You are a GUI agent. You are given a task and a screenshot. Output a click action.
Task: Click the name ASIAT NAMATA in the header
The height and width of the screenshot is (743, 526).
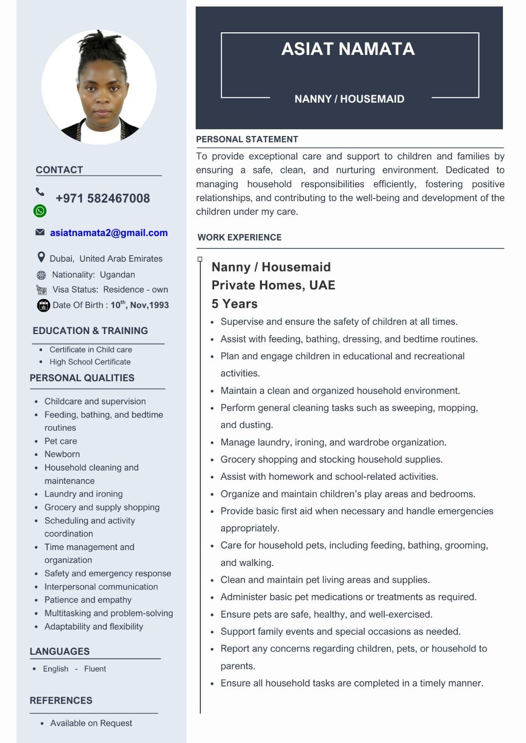(348, 49)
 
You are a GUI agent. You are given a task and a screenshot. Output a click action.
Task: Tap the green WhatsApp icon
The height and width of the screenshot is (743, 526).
(40, 210)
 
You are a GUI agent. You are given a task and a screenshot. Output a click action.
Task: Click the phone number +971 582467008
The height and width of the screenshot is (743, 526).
(103, 199)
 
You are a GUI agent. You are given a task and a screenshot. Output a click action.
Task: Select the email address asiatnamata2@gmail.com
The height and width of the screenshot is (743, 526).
(109, 233)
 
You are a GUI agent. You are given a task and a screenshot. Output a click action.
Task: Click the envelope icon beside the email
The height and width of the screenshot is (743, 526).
(40, 232)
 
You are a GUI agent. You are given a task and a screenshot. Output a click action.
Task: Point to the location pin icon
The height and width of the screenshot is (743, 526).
(41, 257)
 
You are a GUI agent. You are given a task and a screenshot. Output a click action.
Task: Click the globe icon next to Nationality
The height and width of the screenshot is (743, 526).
(42, 275)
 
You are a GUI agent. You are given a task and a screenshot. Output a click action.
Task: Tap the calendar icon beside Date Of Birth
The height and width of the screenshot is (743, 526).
(43, 305)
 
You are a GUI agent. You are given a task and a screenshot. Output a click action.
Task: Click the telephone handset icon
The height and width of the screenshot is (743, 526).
(40, 192)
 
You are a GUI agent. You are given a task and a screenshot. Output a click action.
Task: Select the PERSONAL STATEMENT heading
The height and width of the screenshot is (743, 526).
(247, 140)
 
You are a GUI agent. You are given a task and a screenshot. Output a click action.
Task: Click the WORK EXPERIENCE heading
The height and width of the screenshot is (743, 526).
(239, 238)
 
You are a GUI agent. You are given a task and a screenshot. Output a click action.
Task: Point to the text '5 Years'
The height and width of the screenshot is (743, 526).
(235, 304)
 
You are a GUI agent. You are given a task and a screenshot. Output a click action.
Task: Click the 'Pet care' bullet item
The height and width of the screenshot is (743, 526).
(61, 441)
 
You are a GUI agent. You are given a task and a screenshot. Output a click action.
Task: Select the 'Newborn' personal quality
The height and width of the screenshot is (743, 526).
(62, 455)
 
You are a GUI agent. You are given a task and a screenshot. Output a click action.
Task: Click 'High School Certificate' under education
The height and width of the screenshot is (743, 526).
(90, 362)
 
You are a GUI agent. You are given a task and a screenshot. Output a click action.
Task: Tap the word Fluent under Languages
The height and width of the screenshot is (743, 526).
(95, 669)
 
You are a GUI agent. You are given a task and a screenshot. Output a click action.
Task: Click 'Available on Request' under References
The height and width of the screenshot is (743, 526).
(91, 724)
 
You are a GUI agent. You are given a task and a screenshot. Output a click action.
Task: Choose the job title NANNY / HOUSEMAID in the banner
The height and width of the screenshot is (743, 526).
(349, 99)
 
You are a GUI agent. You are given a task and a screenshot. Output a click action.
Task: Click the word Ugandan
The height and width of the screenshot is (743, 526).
(117, 275)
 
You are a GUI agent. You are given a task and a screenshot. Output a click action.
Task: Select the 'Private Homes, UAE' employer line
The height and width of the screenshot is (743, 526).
(273, 285)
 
